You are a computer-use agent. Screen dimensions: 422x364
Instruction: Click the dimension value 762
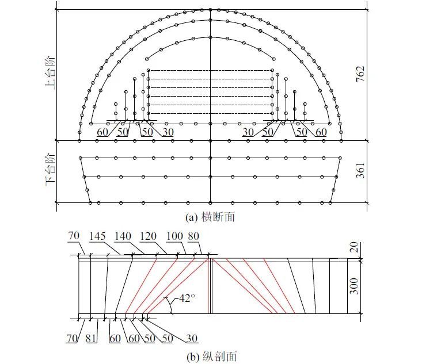point(360,74)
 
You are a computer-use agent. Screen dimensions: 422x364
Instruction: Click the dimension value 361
point(360,170)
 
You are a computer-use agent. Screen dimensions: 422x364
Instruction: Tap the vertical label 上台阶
point(50,73)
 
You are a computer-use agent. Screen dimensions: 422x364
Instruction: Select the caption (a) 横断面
point(210,217)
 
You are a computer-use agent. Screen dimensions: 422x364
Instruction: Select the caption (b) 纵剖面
point(211,357)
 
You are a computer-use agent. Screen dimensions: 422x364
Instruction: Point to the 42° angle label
point(186,298)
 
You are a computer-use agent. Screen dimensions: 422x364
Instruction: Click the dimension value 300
point(354,286)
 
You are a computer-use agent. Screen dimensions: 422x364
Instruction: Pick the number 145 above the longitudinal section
point(97,236)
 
